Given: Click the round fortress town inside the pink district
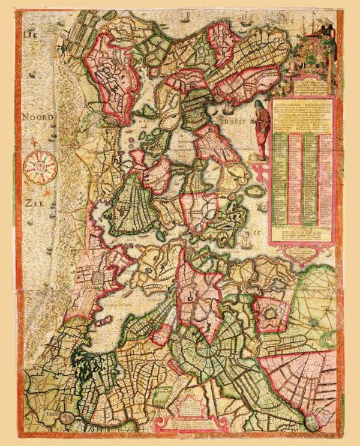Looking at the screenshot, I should (267, 313).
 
